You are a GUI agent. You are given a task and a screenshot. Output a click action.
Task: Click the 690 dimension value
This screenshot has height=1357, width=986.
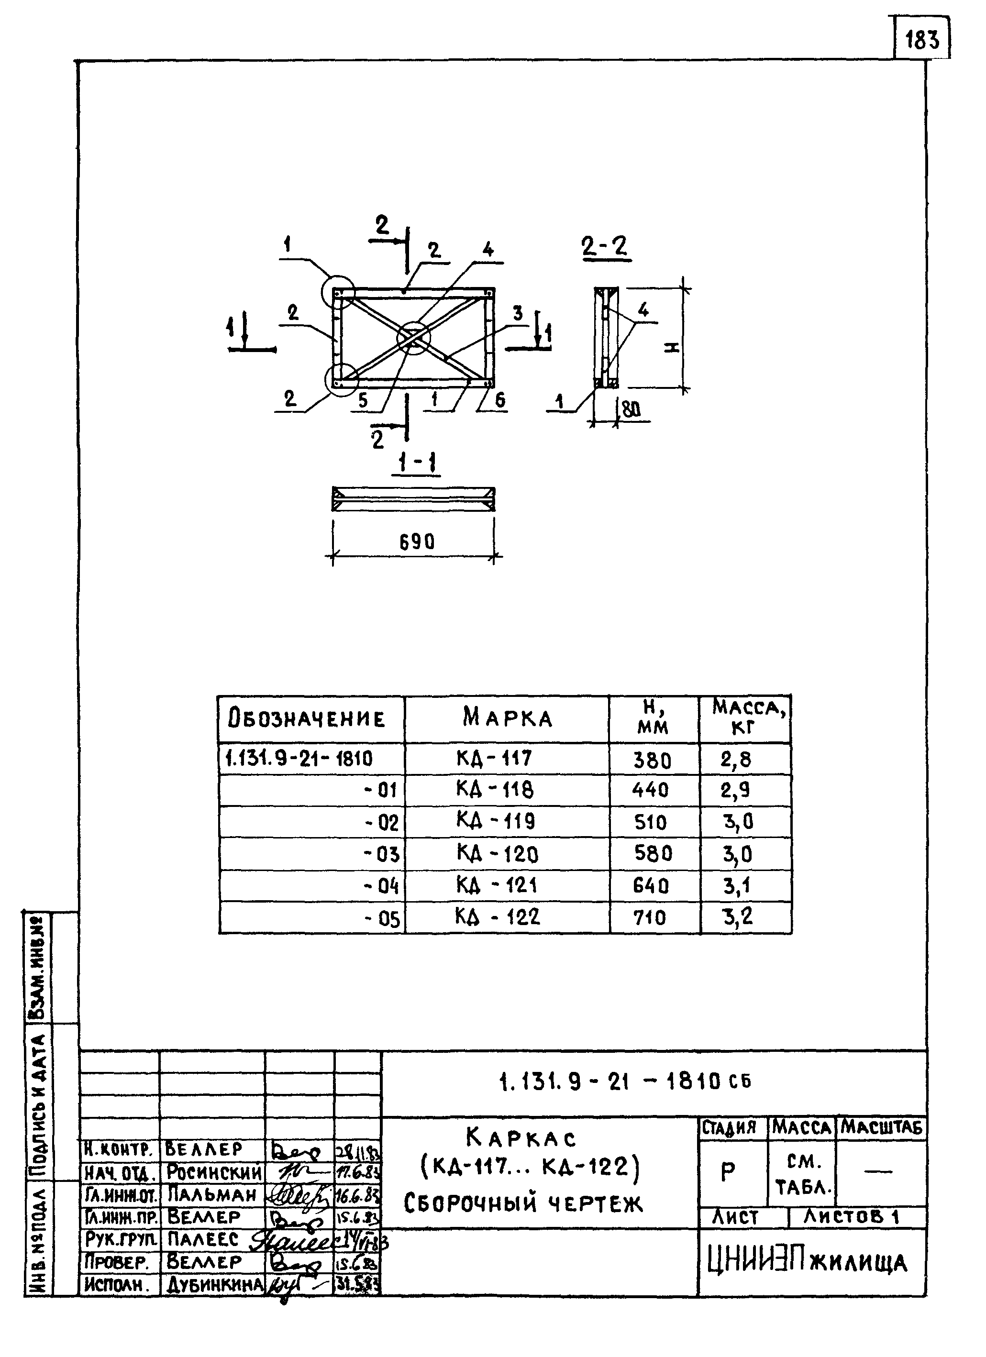click(x=417, y=542)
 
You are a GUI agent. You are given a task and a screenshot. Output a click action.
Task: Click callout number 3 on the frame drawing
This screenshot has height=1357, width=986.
click(x=518, y=313)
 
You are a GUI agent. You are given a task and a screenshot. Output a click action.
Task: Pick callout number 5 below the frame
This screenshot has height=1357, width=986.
click(x=363, y=400)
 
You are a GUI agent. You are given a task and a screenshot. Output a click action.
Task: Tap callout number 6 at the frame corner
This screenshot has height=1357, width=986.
click(x=500, y=400)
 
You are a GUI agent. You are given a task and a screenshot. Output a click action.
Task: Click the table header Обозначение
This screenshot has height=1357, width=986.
click(x=306, y=718)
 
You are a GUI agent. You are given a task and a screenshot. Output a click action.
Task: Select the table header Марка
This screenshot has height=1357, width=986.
click(x=508, y=717)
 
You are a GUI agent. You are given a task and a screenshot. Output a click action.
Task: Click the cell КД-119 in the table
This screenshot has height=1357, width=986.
click(x=496, y=821)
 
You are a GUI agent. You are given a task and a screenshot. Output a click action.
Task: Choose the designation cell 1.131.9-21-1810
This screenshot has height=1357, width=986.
click(x=299, y=759)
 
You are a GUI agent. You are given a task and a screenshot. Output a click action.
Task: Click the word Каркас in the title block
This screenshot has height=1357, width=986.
click(x=521, y=1137)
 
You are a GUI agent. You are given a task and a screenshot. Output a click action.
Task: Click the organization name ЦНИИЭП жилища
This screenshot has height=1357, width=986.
click(x=808, y=1262)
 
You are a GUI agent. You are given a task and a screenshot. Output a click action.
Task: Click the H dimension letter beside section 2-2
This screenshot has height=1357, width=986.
click(x=673, y=347)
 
